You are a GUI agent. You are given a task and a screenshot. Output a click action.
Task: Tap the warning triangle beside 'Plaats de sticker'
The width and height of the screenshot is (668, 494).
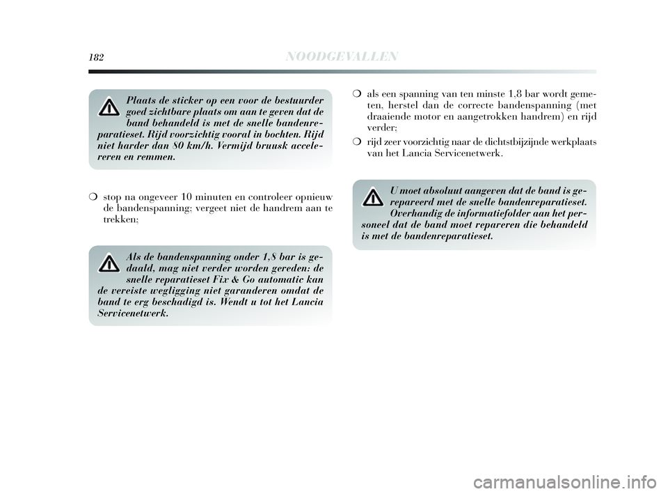[109, 107]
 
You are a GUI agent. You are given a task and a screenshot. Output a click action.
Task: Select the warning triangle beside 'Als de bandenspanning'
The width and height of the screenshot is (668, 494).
[109, 263]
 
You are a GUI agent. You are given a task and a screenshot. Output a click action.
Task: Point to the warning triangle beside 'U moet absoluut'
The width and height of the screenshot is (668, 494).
[373, 197]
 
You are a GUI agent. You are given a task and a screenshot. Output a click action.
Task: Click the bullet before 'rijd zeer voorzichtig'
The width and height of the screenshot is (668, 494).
[356, 142]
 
